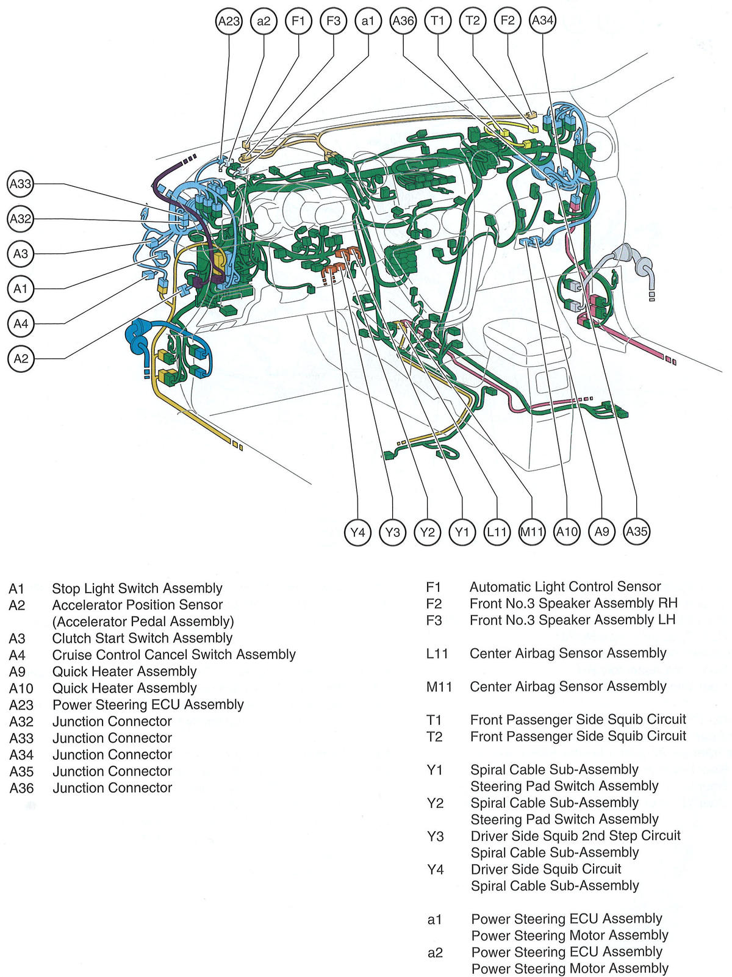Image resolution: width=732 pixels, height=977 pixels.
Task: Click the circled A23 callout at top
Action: [229, 21]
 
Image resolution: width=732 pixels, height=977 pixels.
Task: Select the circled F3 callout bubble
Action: [333, 21]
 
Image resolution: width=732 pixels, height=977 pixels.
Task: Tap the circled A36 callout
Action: [403, 21]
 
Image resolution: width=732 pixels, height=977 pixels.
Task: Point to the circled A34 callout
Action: [542, 21]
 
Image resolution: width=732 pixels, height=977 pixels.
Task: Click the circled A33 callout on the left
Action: [21, 184]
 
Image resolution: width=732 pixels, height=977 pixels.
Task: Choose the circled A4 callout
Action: [21, 323]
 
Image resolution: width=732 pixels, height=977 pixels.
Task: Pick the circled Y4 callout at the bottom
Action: [357, 532]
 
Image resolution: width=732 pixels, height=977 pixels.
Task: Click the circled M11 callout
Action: [531, 532]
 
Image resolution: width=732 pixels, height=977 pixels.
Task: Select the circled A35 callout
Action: [636, 532]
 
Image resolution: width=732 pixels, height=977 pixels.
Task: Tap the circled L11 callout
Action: [497, 532]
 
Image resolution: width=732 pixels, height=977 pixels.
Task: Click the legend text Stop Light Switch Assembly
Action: [137, 588]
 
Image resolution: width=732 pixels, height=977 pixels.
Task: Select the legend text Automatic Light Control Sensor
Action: [565, 586]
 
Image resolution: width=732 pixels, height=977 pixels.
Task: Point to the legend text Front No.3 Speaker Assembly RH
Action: [573, 603]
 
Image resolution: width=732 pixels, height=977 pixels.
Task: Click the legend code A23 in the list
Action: [21, 705]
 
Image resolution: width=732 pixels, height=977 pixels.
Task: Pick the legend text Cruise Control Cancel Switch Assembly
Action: [174, 655]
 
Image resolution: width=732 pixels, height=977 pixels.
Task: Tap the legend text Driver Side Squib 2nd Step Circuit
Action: [575, 835]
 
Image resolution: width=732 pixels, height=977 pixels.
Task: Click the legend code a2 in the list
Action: [434, 952]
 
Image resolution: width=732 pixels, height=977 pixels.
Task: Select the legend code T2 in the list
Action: [434, 737]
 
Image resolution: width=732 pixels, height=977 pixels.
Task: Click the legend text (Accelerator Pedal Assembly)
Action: [143, 621]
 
